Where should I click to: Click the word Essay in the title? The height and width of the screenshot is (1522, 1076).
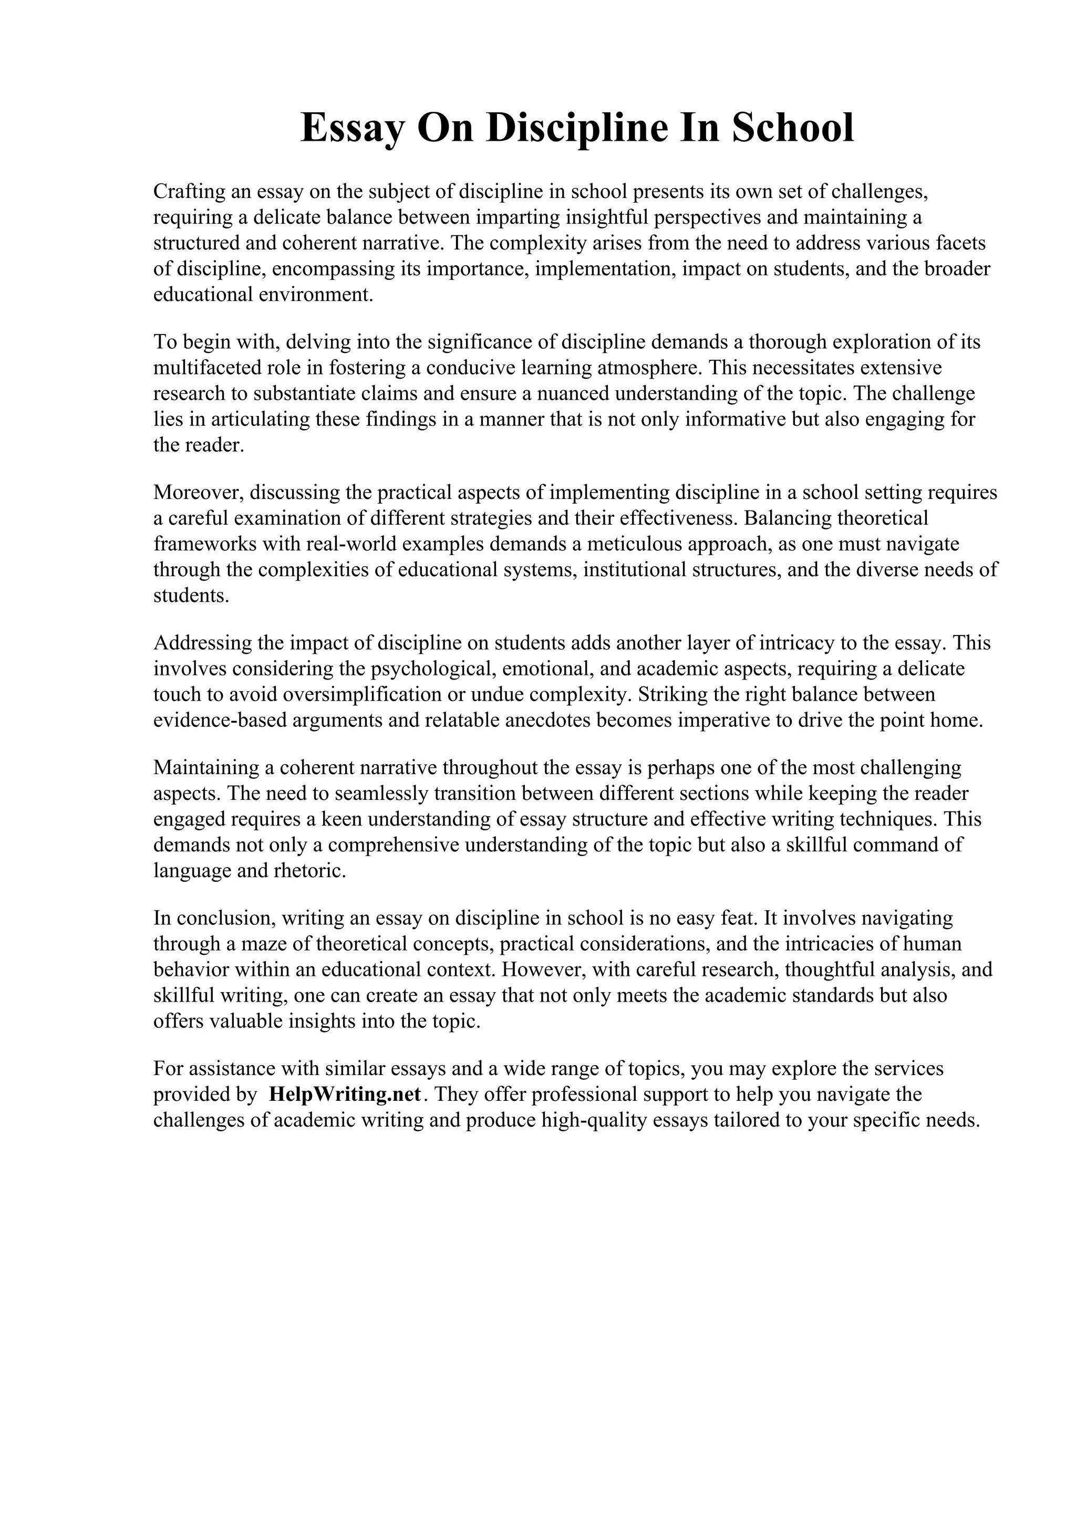click(x=351, y=129)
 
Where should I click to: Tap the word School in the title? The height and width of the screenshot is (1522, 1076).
click(x=793, y=129)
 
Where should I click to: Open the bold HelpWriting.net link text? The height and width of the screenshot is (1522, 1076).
click(x=345, y=1094)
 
